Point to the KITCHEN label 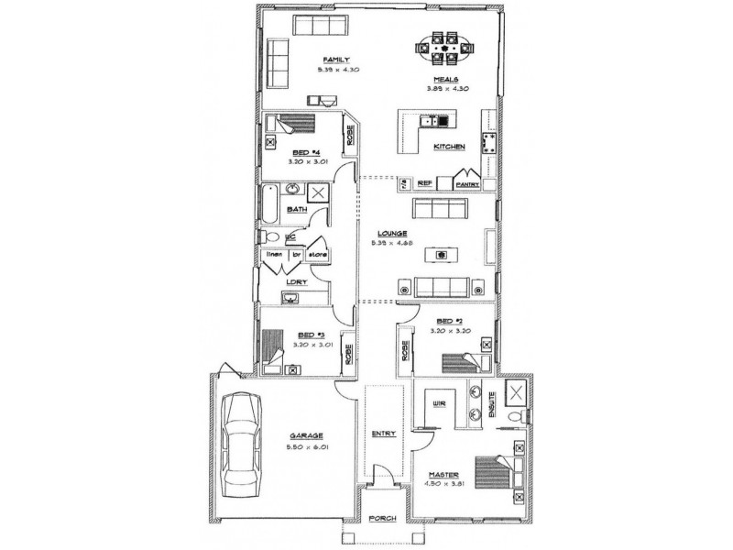tap(450, 147)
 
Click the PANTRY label tap(468, 183)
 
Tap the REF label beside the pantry tap(424, 183)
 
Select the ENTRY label tap(382, 434)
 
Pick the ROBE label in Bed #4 tap(350, 134)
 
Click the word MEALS tap(446, 80)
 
